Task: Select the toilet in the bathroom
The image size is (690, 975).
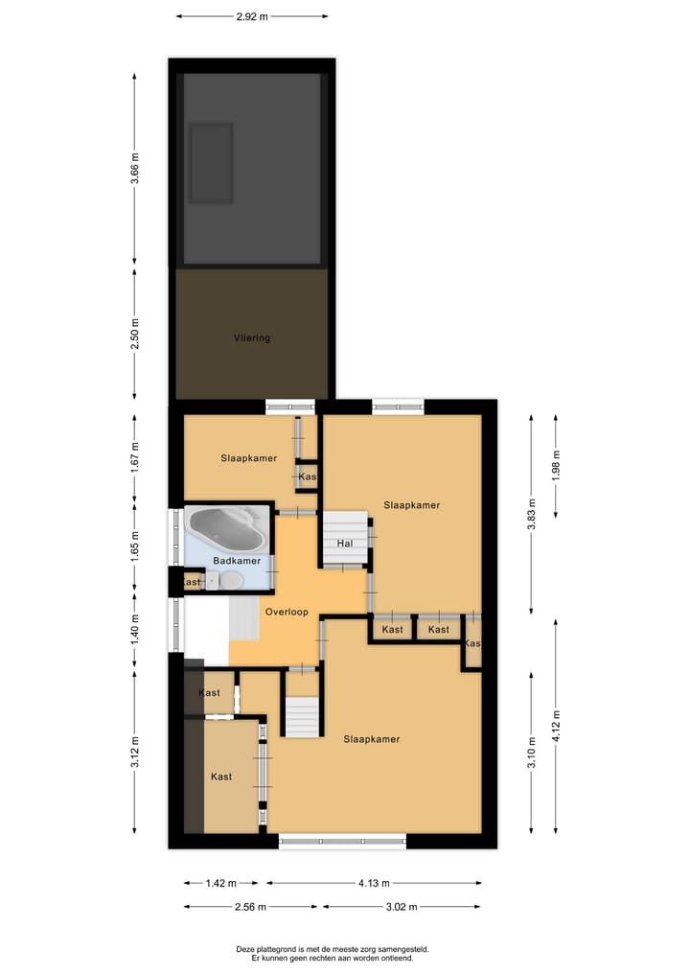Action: point(230,580)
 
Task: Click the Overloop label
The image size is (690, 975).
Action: point(284,610)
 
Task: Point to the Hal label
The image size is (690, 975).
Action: point(346,544)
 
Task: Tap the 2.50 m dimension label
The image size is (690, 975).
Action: point(135,335)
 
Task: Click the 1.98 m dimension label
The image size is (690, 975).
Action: point(556,465)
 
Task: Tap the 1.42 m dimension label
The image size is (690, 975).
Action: point(220,884)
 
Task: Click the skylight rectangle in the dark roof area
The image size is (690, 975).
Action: point(211,162)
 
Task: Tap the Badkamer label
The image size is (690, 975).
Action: point(237,561)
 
